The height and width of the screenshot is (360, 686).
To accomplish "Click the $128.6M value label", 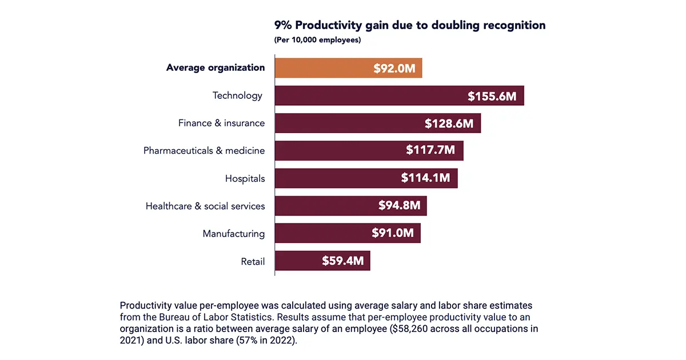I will (x=449, y=123).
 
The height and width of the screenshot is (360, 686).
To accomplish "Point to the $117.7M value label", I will (x=430, y=150).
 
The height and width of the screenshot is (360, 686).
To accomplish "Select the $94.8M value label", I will (x=399, y=206).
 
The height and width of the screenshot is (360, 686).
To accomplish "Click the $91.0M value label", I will (x=393, y=233).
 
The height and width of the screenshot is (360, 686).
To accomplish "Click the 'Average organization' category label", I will (x=216, y=67).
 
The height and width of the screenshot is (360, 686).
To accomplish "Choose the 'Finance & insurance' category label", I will (x=221, y=123).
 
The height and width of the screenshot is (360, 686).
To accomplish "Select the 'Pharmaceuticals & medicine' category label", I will (x=204, y=150).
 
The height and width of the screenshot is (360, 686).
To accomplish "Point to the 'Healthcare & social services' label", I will (x=205, y=206).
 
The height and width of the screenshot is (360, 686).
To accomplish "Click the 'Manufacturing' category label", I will (x=233, y=233).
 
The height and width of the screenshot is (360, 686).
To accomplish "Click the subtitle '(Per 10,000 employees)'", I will (x=317, y=40).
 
